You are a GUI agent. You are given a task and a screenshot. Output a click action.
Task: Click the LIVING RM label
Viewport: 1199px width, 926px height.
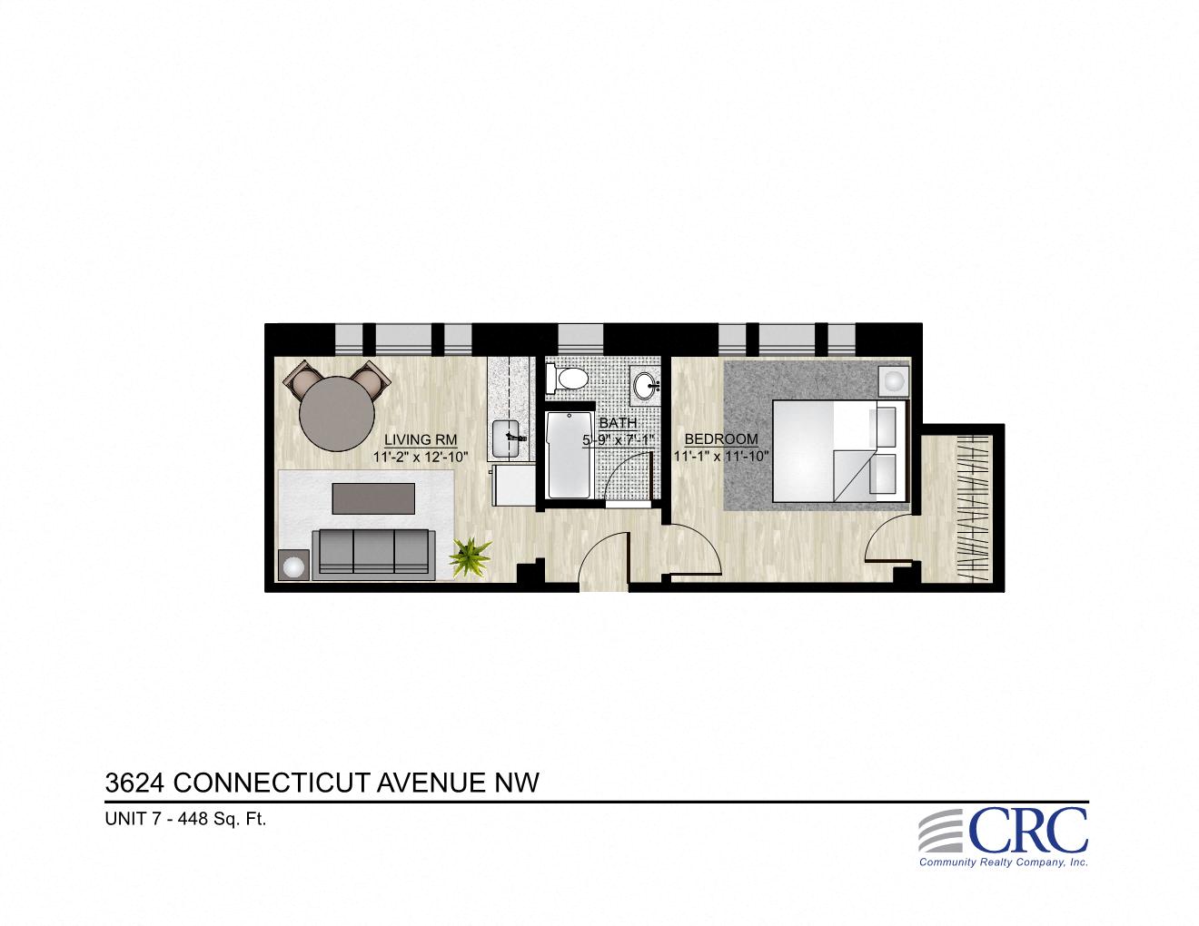420,440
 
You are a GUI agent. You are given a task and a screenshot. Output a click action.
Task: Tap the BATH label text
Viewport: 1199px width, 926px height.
617,423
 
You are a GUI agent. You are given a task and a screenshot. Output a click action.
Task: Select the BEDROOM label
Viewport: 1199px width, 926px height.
721,438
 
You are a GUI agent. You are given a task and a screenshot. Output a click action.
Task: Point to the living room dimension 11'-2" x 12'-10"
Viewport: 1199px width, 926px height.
420,457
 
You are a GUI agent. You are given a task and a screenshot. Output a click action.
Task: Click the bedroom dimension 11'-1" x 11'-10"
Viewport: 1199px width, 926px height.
721,456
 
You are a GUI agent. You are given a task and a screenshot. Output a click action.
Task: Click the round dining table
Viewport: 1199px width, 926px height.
337,413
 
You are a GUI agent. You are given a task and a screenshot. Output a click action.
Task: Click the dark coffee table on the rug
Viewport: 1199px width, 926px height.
374,497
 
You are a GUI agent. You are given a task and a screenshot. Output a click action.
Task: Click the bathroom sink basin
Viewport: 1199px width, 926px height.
647,384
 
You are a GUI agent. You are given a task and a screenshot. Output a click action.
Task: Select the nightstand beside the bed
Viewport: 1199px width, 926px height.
895,379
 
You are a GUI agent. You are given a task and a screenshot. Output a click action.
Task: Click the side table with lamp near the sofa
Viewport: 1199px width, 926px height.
294,566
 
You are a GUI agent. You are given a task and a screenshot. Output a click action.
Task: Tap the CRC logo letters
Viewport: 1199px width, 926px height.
1027,830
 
